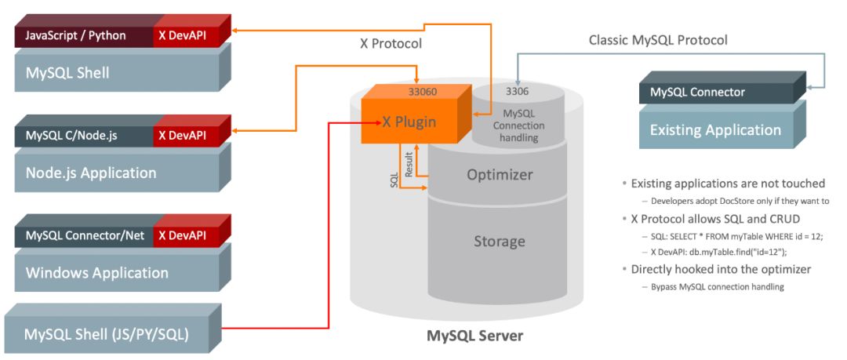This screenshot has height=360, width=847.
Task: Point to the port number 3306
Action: [x=518, y=92]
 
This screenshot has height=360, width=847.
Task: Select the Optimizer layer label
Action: [x=500, y=174]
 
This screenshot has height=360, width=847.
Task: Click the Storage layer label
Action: [x=499, y=242]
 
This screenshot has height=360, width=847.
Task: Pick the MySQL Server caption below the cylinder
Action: [x=474, y=336]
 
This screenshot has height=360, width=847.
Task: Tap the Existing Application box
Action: [x=715, y=129]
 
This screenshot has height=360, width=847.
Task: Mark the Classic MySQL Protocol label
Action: [x=658, y=39]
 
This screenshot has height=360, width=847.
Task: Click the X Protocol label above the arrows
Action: [x=385, y=44]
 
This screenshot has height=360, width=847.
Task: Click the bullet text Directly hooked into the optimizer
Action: [x=721, y=269]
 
